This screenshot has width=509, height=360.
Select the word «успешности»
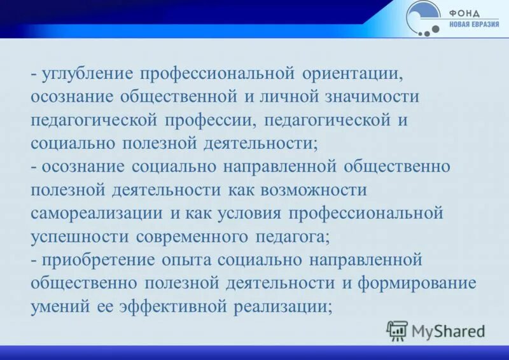tap(80, 237)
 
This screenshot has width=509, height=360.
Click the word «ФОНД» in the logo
tap(466, 13)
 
